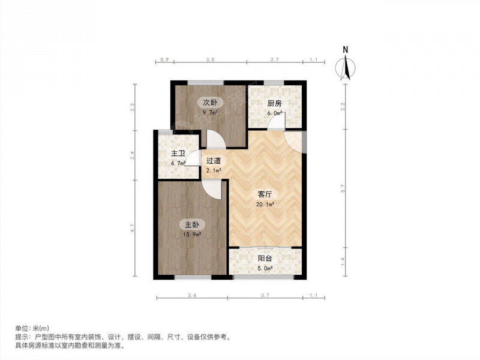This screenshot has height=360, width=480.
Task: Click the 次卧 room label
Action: [x=210, y=102]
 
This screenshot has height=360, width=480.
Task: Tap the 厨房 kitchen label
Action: [x=274, y=103]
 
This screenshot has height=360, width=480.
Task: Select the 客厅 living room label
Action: [x=265, y=194]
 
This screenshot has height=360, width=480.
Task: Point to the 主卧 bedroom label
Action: [x=192, y=224]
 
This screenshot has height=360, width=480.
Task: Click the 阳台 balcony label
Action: [x=265, y=259]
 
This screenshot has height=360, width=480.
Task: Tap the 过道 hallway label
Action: [x=214, y=160]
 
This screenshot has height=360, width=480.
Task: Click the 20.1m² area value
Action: [x=265, y=204]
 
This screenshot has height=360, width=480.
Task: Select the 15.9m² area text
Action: [x=192, y=235]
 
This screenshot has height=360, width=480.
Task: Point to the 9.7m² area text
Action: [x=210, y=112]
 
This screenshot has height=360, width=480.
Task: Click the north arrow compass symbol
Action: [x=346, y=67]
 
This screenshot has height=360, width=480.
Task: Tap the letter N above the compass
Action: [x=346, y=50]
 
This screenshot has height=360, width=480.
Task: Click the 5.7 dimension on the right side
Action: [x=343, y=188]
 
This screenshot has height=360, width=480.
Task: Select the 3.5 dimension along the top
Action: [x=210, y=60]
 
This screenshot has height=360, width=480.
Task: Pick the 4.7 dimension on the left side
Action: [x=132, y=228]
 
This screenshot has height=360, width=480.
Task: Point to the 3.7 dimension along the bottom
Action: [x=265, y=295]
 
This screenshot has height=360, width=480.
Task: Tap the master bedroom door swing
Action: [x=212, y=190]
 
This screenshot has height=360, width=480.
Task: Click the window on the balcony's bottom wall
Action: [x=263, y=277]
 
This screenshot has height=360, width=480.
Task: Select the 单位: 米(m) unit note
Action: [x=32, y=328]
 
